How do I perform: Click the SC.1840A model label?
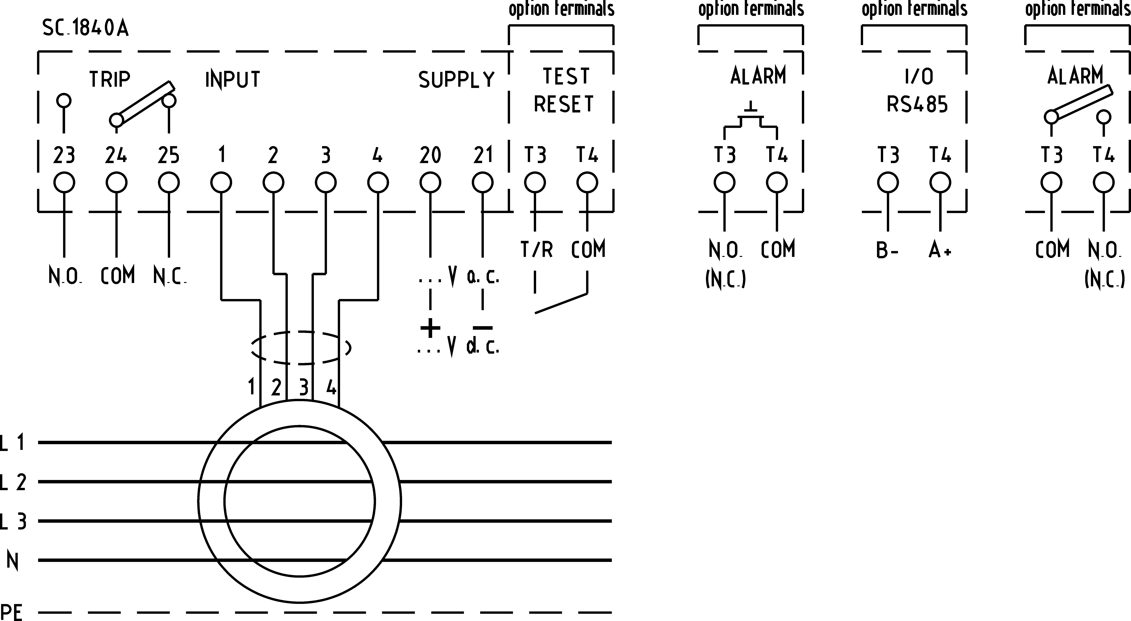pyautogui.click(x=86, y=28)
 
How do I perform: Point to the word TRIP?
pyautogui.click(x=110, y=79)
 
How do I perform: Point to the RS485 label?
pyautogui.click(x=917, y=104)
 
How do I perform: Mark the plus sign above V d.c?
pyautogui.click(x=430, y=328)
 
